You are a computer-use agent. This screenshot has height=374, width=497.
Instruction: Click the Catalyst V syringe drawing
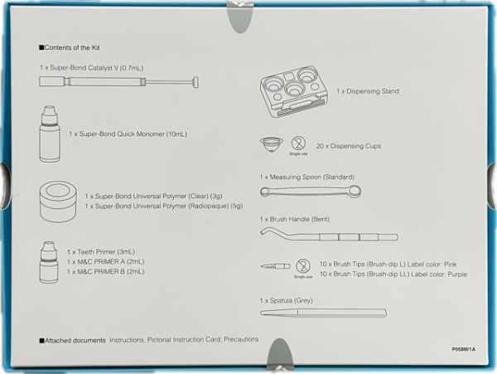point(120,82)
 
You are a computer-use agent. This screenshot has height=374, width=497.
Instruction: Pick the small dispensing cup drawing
point(269,144)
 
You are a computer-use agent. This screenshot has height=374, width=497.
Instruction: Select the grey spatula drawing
point(322,313)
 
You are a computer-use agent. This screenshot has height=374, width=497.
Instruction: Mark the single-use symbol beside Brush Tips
point(303,265)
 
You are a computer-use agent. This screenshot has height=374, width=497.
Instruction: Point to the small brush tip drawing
point(275,266)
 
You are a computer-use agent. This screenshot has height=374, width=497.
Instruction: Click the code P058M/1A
point(464,349)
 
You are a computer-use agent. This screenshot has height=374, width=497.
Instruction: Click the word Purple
point(436,273)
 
